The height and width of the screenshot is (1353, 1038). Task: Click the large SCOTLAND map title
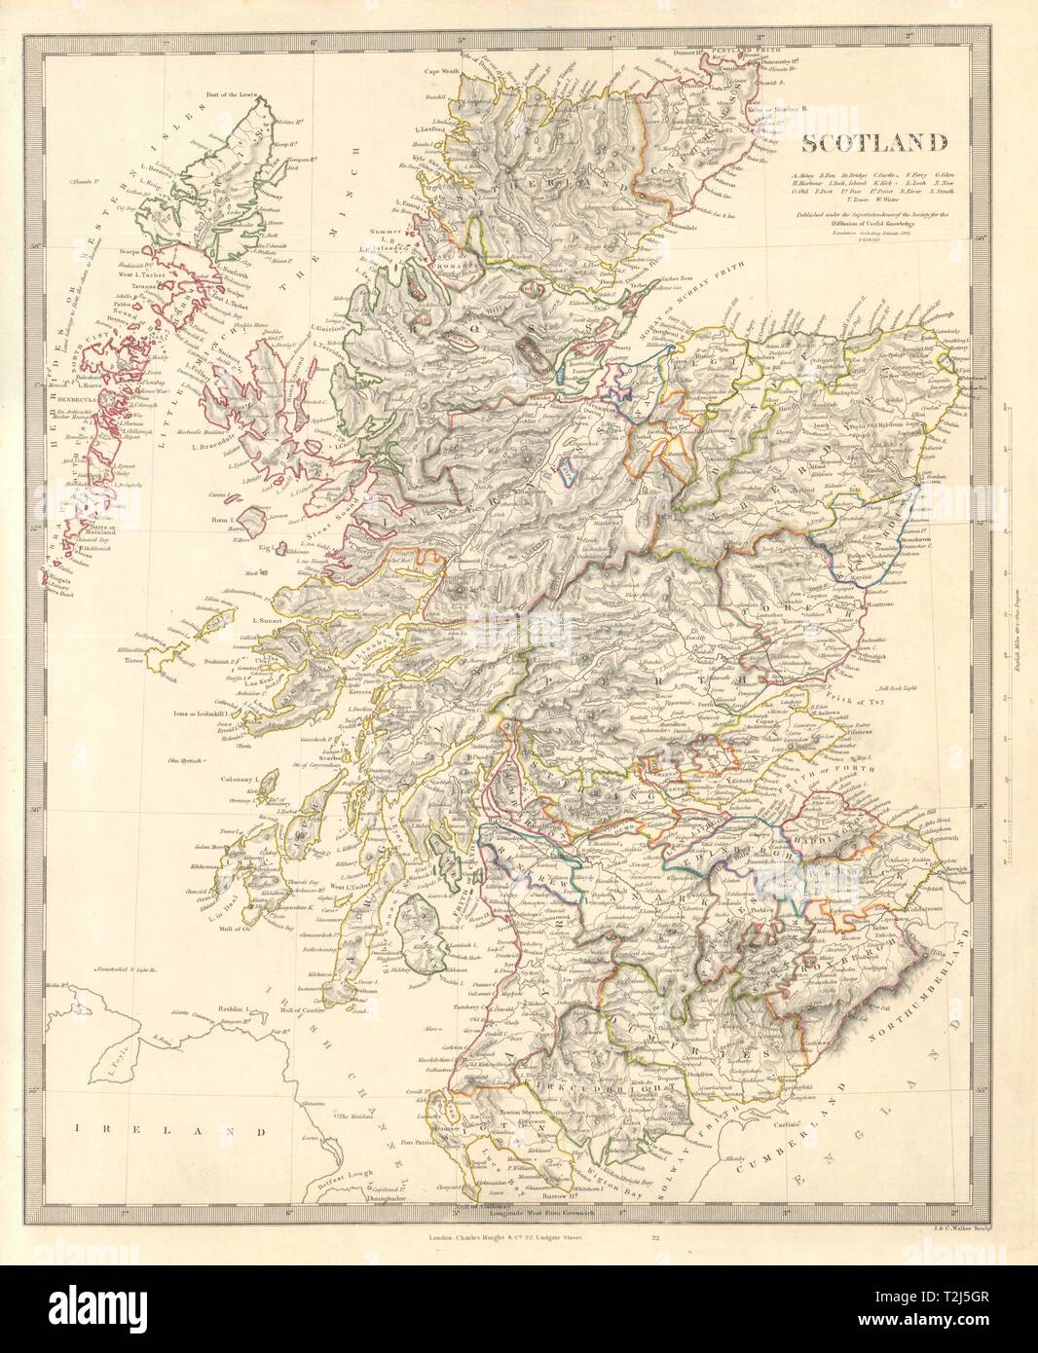pos(874,144)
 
